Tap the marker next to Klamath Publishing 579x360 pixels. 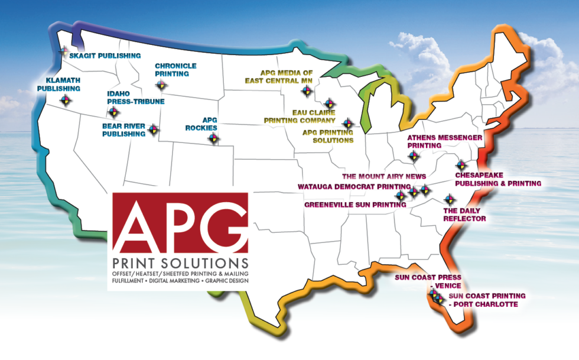tap(66, 100)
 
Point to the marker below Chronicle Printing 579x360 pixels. tap(161, 86)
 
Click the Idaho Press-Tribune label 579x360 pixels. tap(135, 97)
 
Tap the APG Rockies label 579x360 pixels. tap(209, 123)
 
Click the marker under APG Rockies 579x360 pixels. tap(213, 138)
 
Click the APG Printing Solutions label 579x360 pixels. tap(328, 136)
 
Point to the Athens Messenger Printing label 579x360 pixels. tap(445, 141)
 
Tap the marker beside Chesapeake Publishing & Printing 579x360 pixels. tap(461, 166)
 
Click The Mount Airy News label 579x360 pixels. tap(384, 176)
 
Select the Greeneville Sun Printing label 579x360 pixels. tap(359, 205)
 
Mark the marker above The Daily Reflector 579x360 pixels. tap(449, 198)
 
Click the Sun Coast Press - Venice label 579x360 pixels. tap(428, 281)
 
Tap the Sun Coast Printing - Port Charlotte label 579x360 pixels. tap(486, 300)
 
